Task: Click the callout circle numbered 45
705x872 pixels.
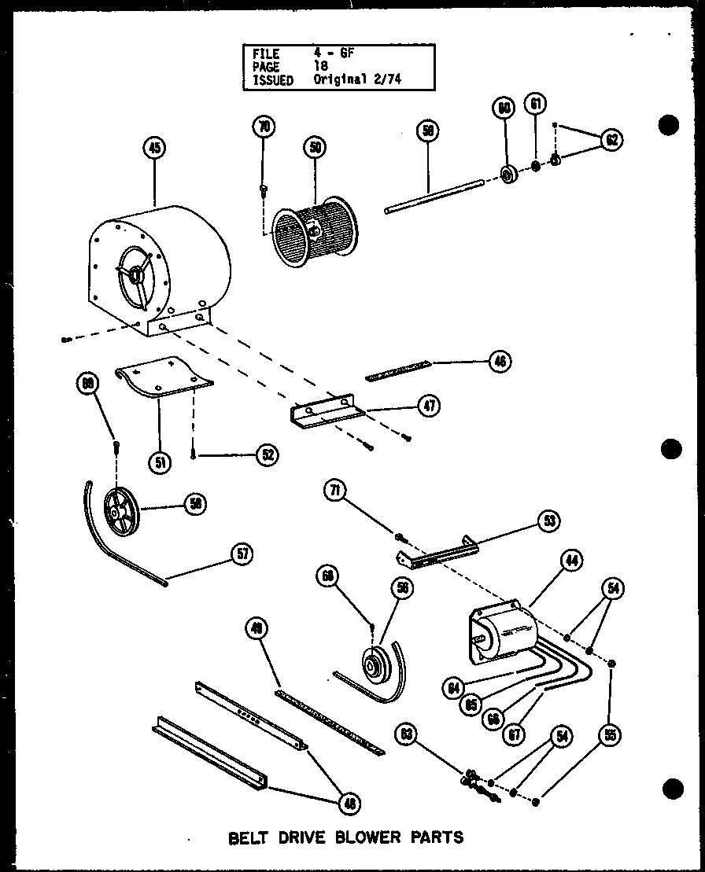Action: pyautogui.click(x=155, y=147)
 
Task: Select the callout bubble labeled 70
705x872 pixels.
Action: pyautogui.click(x=264, y=127)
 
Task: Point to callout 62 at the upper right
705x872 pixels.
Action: pyautogui.click(x=611, y=140)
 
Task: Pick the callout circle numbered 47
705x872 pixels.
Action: pyautogui.click(x=429, y=406)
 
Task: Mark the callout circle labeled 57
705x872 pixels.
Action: pyautogui.click(x=243, y=554)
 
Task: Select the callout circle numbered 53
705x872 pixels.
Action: pyautogui.click(x=547, y=520)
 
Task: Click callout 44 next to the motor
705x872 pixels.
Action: pyautogui.click(x=571, y=560)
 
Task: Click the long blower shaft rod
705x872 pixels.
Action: pyautogui.click(x=433, y=197)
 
